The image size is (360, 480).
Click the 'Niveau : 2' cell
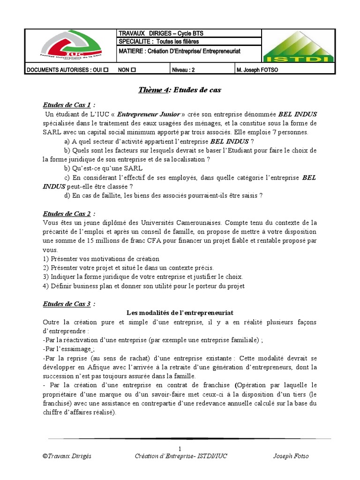182,70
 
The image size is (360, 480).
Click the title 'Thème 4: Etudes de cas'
180,90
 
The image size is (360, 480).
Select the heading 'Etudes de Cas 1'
67,105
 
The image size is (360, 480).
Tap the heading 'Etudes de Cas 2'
67,213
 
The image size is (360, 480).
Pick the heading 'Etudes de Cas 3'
67,304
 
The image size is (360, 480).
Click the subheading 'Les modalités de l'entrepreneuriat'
180,312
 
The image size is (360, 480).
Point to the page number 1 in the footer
180,448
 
